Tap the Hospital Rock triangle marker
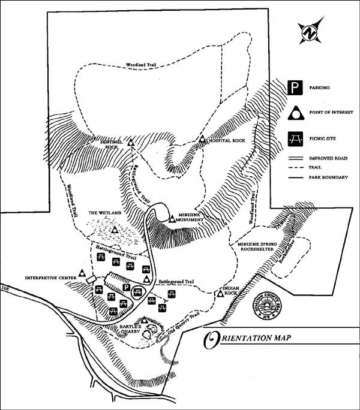(203, 141)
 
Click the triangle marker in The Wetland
(115, 229)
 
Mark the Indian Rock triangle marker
(218, 293)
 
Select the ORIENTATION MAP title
(247, 340)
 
